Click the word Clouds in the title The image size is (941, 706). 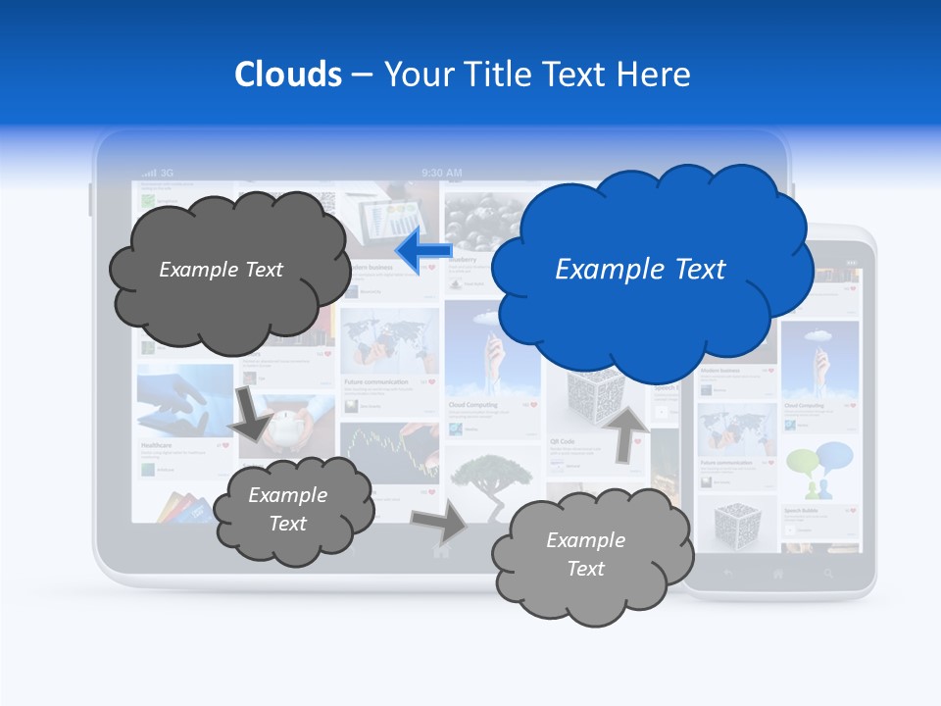click(288, 75)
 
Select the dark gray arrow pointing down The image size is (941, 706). click(252, 413)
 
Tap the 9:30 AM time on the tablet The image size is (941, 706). click(442, 173)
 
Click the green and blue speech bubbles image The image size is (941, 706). click(819, 470)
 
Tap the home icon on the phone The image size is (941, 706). click(778, 573)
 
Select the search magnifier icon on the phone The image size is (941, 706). click(828, 573)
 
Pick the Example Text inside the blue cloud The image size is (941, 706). click(640, 270)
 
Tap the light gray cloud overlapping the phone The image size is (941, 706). click(588, 554)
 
